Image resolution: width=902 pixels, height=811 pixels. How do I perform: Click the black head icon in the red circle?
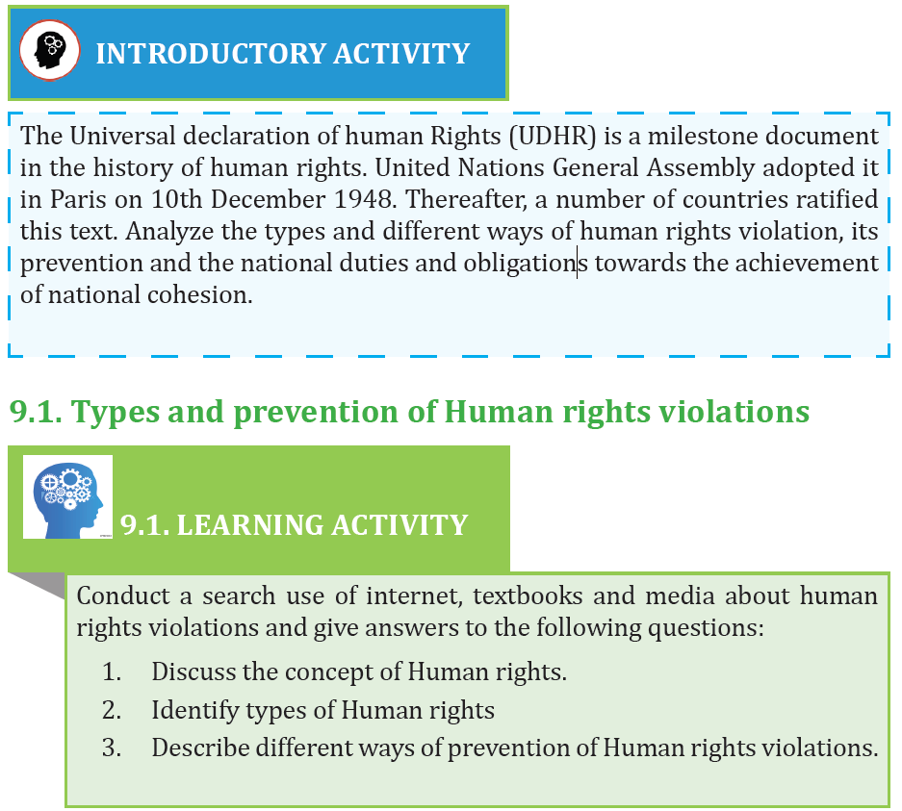pos(49,51)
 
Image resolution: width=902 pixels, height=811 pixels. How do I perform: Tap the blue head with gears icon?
pos(68,496)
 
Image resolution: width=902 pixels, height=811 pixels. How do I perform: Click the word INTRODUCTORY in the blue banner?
pos(211,54)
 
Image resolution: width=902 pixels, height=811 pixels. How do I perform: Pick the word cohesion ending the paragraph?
pos(199,294)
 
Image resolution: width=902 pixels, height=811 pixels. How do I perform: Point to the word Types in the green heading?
pos(116,413)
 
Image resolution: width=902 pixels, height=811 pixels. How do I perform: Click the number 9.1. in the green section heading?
pos(36,412)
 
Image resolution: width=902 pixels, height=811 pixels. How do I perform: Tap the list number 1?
pos(112,672)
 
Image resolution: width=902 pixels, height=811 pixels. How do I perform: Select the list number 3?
pos(112,748)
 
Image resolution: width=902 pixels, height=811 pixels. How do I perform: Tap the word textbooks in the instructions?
pos(528,596)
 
